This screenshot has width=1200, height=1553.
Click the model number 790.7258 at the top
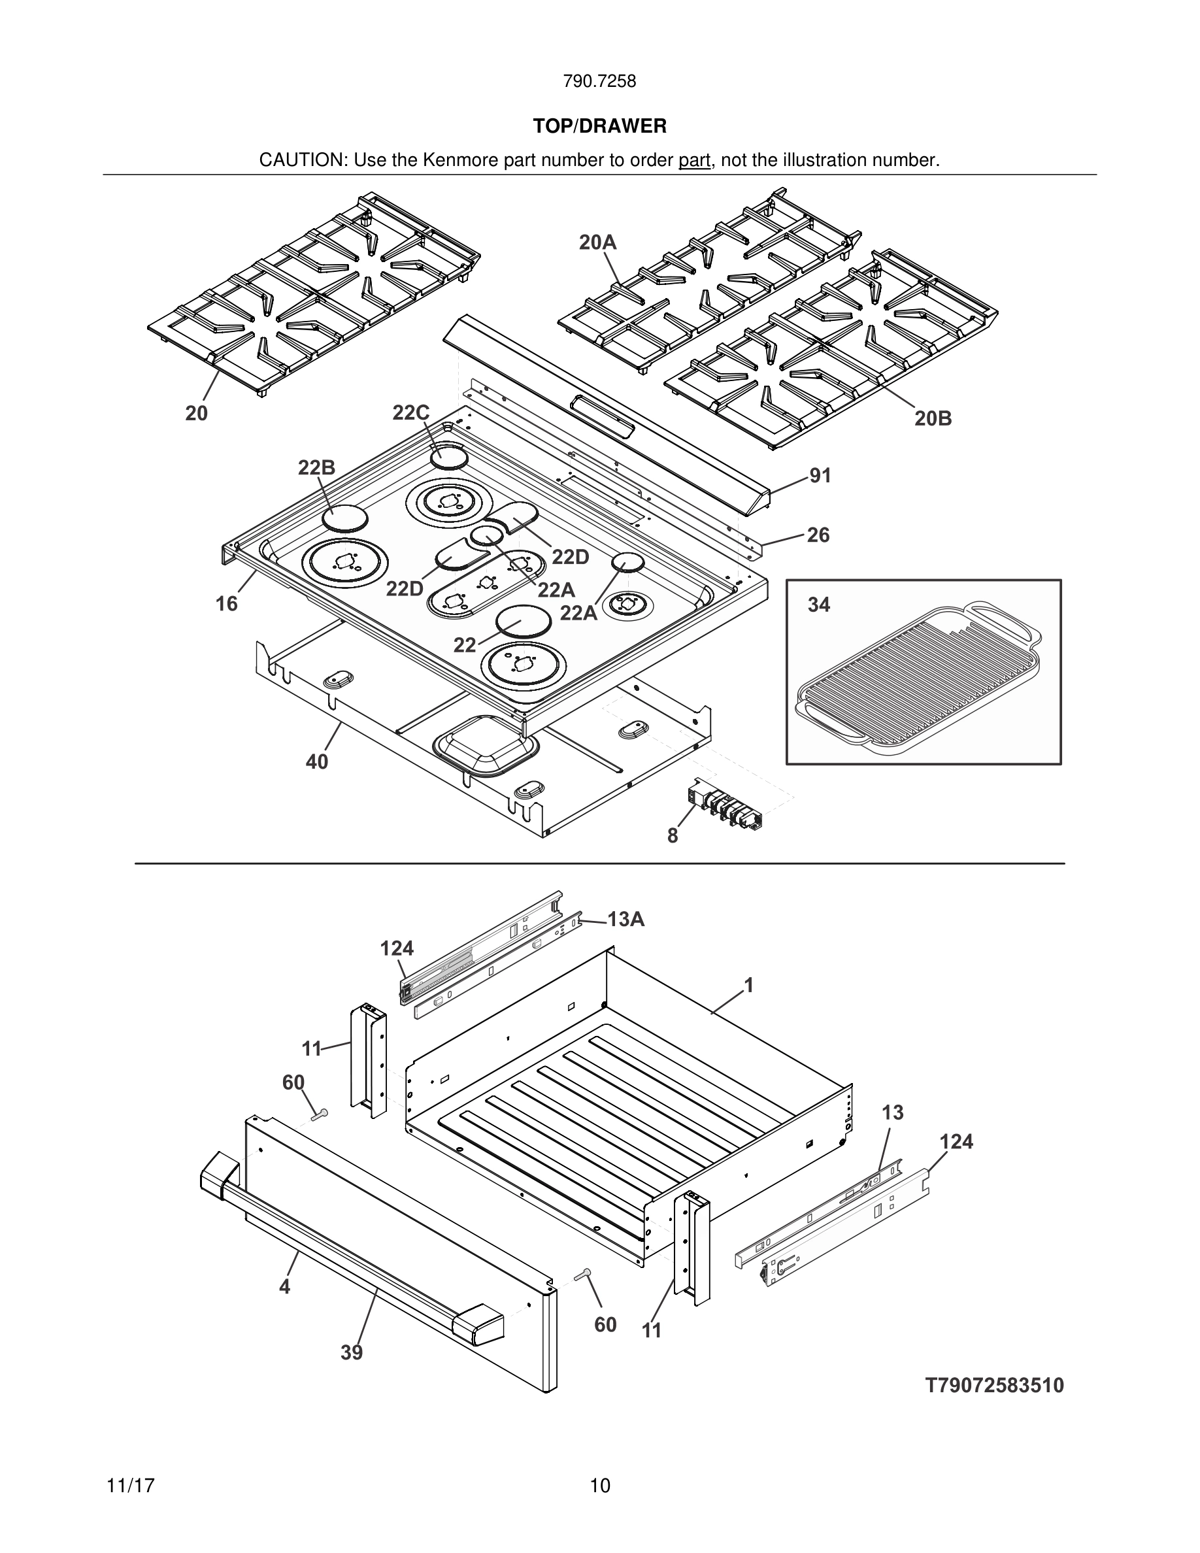tap(599, 82)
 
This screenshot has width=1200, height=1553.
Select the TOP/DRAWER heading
tap(599, 127)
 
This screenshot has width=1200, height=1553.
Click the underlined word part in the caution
tap(694, 161)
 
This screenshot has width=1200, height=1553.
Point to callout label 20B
tap(933, 419)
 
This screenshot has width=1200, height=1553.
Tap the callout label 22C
tap(411, 412)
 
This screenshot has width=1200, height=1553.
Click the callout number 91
tap(820, 476)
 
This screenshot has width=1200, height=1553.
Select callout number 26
tap(818, 535)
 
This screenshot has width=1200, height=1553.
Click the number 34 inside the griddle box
tap(818, 605)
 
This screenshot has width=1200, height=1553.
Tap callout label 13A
tap(625, 920)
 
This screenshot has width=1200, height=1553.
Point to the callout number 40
tap(317, 761)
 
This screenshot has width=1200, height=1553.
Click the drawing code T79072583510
tap(995, 1385)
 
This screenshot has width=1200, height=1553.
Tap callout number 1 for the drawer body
tap(748, 985)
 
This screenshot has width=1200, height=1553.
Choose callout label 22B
tap(316, 467)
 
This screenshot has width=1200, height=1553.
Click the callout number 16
tap(227, 604)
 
